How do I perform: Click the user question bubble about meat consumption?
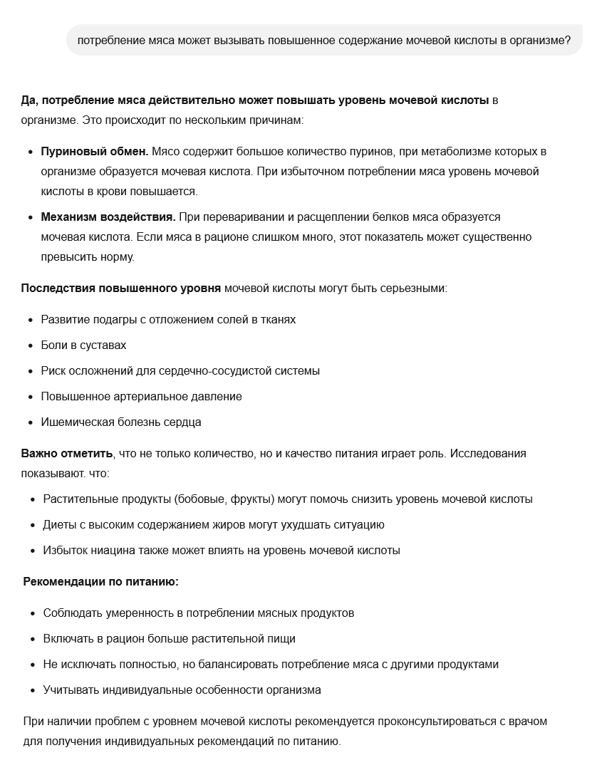[323, 41]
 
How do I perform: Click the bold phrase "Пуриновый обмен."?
[95, 152]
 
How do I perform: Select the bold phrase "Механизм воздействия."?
[108, 217]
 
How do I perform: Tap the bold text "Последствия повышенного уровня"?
[121, 288]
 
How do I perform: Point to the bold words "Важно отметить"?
[67, 454]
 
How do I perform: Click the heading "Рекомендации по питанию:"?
[101, 582]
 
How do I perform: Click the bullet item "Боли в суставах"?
[83, 345]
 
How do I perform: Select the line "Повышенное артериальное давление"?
[141, 397]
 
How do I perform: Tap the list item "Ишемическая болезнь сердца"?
[121, 422]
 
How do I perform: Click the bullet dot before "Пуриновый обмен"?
[31, 152]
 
